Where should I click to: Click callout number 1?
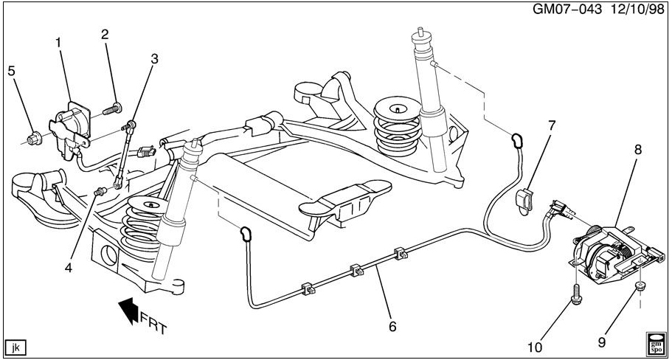59,43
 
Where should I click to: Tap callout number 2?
105,34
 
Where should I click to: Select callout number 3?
154,59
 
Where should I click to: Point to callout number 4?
69,268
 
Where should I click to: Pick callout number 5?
12,71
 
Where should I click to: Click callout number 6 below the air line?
392,327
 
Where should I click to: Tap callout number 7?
552,125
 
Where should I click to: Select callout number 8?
638,150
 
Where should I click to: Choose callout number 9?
602,342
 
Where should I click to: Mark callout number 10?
536,345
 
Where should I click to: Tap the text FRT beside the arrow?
153,322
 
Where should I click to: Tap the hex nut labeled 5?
34,139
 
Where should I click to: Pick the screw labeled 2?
113,109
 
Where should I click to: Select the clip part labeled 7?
524,201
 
